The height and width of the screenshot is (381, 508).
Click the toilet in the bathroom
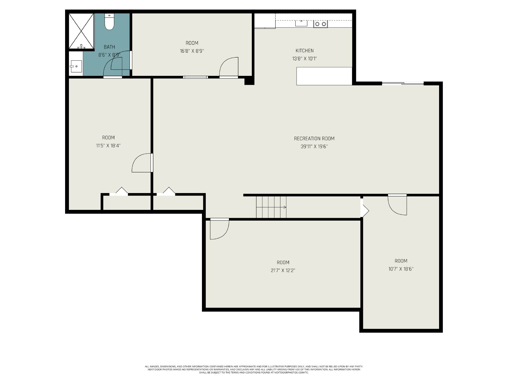tap(109, 22)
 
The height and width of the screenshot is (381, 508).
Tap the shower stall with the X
tap(81, 31)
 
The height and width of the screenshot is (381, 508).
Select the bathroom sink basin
tap(76, 66)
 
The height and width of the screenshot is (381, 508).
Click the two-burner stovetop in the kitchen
tap(321, 24)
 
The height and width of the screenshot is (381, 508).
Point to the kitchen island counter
tap(324, 76)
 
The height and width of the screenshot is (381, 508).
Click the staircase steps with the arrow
tap(271, 207)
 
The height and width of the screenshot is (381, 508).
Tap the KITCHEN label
tap(304, 51)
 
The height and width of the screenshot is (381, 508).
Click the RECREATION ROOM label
tap(314, 138)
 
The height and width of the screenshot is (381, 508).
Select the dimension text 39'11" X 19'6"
tap(314, 146)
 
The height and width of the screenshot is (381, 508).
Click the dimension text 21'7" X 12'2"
tap(283, 270)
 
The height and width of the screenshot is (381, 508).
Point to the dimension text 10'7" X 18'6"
tap(401, 269)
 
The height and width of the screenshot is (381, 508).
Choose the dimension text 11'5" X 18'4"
tap(108, 145)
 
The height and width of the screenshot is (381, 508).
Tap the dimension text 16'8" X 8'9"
tap(192, 51)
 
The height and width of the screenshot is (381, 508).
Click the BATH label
tap(109, 47)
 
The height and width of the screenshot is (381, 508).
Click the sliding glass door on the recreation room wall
tap(403, 83)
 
